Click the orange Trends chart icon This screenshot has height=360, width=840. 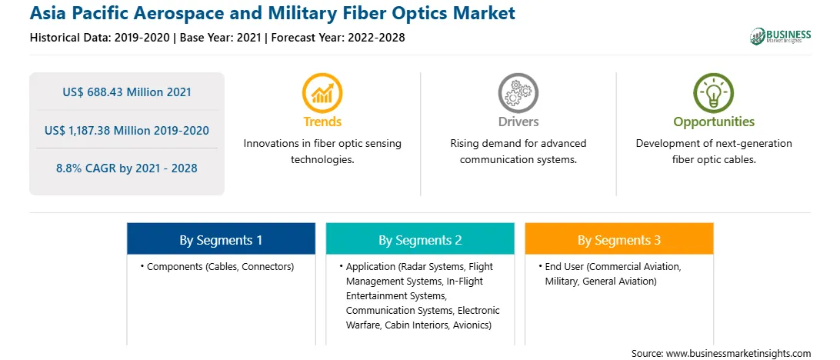[x=322, y=92]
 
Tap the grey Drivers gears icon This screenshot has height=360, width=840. [x=518, y=92]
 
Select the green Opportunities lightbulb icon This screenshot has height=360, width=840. [x=714, y=92]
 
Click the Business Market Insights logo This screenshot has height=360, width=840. [x=781, y=36]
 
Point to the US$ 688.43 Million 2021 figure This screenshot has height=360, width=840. [x=126, y=92]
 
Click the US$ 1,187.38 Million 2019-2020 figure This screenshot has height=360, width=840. [x=126, y=130]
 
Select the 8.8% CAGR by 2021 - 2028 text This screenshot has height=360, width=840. [x=126, y=168]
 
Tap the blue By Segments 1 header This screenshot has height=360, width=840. [x=222, y=239]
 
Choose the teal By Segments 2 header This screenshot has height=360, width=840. [x=420, y=239]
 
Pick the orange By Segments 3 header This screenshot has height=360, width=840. [x=619, y=239]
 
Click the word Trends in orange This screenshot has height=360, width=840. [x=322, y=122]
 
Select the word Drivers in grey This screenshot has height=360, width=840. [x=518, y=122]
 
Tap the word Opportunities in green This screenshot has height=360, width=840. [x=714, y=122]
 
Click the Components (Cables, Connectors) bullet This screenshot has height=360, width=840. [x=217, y=267]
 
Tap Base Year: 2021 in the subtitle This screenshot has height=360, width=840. [x=220, y=38]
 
